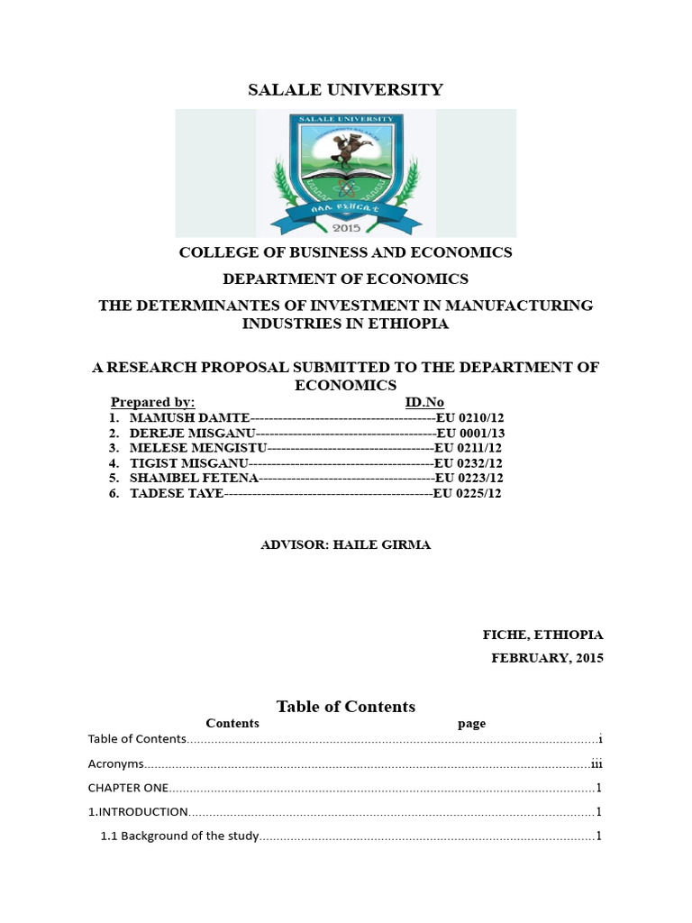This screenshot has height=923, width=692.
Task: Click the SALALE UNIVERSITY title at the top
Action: coord(345,89)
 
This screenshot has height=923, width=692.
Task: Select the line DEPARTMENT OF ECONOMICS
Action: coord(345,279)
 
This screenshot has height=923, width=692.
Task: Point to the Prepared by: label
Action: coord(152,402)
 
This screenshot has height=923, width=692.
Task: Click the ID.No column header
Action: coord(424,402)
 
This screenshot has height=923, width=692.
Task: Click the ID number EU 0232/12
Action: coord(469,463)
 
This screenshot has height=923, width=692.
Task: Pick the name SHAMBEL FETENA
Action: coord(194,478)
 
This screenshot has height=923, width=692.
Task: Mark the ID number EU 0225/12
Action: coord(468,493)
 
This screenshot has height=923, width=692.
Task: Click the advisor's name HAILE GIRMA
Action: coord(382,545)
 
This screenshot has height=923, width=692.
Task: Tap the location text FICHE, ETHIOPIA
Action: coord(542,635)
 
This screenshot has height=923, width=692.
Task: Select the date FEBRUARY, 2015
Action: coord(547,658)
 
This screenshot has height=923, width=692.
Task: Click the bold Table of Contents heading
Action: coord(345,707)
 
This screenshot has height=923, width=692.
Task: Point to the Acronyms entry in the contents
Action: coord(115,763)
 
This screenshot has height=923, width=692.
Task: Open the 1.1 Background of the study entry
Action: coord(180,836)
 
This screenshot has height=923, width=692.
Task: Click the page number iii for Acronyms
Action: coord(596,763)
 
